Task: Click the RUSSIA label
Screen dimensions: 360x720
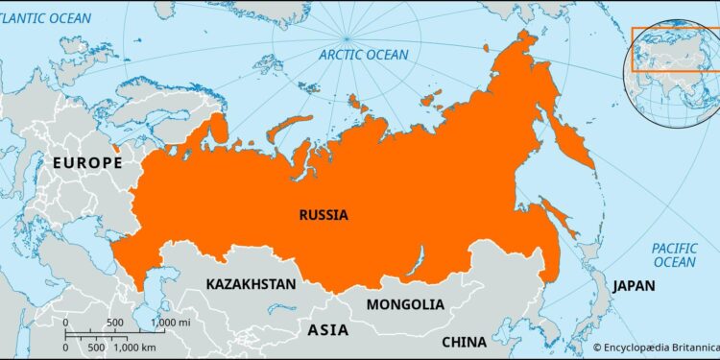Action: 323,214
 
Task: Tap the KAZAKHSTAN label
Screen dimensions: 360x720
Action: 251,284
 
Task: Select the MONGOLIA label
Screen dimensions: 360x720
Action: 404,304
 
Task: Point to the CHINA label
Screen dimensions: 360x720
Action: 465,342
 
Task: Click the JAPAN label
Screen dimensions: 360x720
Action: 634,285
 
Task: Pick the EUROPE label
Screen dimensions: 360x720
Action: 87,162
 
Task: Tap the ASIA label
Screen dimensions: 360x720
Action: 328,330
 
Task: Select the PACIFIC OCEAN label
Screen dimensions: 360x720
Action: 674,254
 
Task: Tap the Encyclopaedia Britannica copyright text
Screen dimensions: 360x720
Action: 656,348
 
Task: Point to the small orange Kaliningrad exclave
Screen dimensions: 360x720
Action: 117,149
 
